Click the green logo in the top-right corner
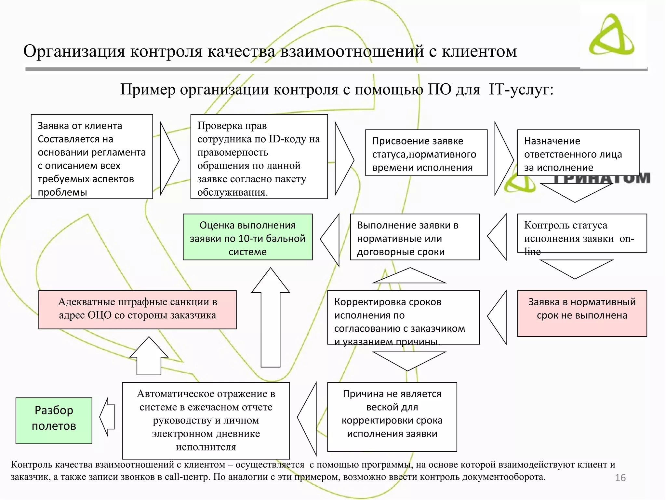611,35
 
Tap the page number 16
620,478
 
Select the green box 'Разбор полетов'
54,420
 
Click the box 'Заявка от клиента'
92,156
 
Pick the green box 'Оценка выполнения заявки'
247,237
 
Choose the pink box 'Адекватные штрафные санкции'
137,310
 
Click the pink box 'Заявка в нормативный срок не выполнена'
582,313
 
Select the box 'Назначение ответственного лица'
578,153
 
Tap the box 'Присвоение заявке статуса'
426,153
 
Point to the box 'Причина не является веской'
392,417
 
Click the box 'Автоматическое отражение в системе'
206,420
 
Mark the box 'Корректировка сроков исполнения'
403,317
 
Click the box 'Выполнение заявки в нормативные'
415,237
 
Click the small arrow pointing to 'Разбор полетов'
108,417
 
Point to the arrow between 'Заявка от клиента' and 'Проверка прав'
169,159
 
